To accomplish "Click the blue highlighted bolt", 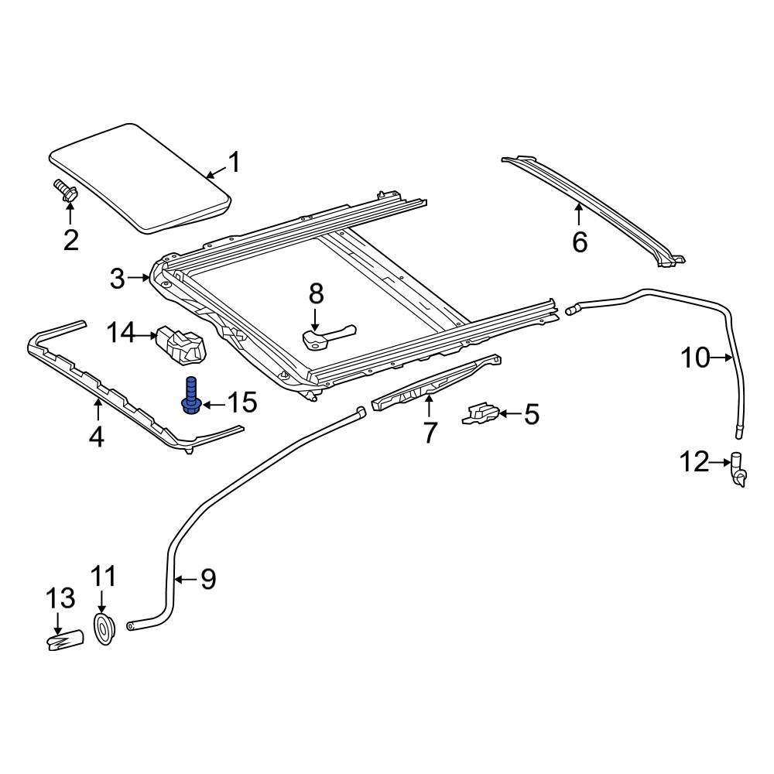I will pyautogui.click(x=190, y=395).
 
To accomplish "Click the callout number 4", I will pyautogui.click(x=96, y=437).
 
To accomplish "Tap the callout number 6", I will pyautogui.click(x=580, y=242).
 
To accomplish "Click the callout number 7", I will pyautogui.click(x=430, y=432).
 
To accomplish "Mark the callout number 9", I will pyautogui.click(x=207, y=579).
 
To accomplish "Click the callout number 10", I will pyautogui.click(x=695, y=358).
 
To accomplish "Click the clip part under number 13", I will pyautogui.click(x=65, y=640).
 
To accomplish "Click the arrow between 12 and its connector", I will pyautogui.click(x=720, y=463).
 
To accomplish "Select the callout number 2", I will pyautogui.click(x=70, y=240).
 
